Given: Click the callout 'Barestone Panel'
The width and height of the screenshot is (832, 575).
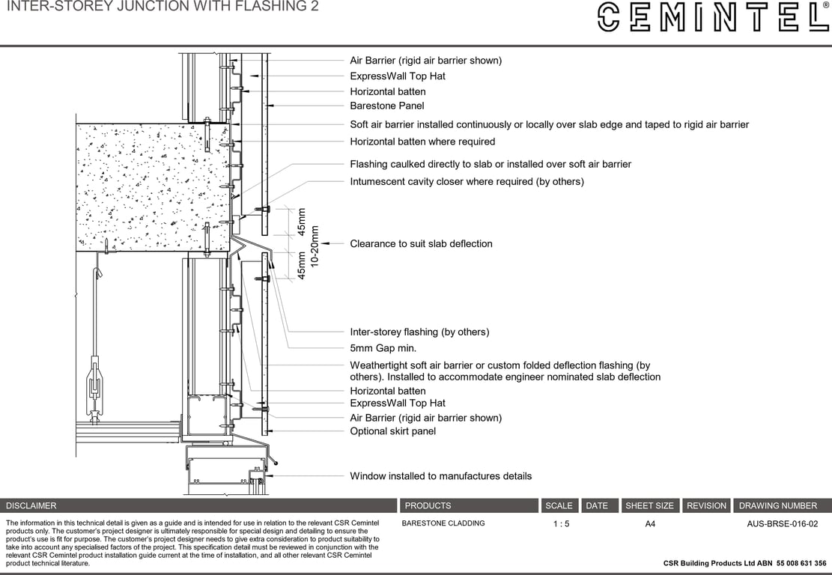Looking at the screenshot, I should (x=386, y=106).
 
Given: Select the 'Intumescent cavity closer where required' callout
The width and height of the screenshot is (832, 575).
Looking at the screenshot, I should (x=467, y=181).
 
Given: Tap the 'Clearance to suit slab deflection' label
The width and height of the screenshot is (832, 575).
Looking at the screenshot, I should (x=421, y=243).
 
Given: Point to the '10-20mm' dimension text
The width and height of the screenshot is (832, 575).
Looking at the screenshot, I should (x=315, y=246).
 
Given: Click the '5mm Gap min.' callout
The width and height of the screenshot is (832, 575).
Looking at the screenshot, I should (x=383, y=348).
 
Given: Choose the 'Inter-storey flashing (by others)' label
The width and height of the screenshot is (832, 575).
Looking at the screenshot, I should (x=419, y=332).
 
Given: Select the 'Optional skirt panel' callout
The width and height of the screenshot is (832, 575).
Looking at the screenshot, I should (x=392, y=431).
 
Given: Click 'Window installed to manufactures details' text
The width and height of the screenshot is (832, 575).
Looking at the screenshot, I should (x=440, y=476).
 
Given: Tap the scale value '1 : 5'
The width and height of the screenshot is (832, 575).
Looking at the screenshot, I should (x=561, y=524).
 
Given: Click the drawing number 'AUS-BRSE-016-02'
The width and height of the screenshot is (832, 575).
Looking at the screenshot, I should (x=782, y=524).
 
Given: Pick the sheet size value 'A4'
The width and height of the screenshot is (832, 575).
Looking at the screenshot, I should (x=650, y=524).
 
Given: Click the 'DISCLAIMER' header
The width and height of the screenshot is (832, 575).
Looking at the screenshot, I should (x=31, y=506).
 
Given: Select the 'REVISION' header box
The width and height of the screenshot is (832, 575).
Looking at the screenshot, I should (x=706, y=506).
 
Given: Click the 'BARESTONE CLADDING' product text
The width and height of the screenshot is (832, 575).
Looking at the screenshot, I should (x=443, y=523).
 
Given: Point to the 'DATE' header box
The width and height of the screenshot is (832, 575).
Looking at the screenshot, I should (x=597, y=506).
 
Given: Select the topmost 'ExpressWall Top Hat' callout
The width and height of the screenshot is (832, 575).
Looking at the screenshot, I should (x=398, y=76).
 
